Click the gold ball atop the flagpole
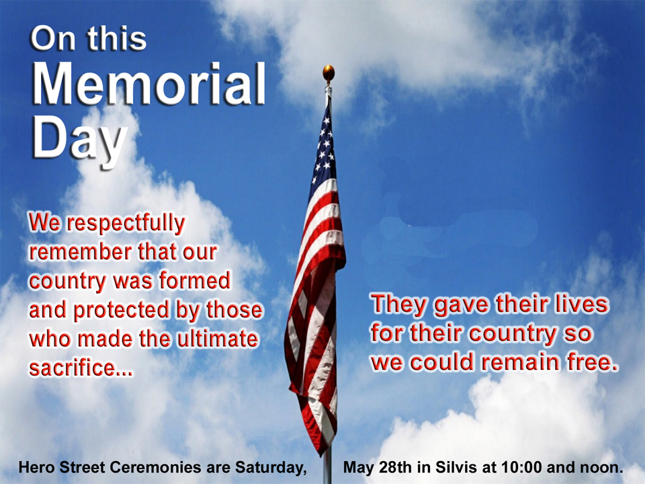tap(329, 73)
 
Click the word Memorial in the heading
tap(148, 85)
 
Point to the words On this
tap(89, 38)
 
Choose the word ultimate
tap(218, 339)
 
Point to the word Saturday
tap(271, 468)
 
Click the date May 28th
tap(377, 467)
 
